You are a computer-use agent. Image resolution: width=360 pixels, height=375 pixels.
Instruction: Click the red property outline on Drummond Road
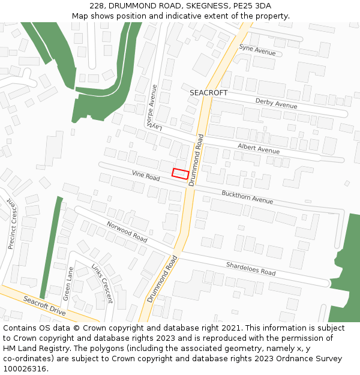point(181,174)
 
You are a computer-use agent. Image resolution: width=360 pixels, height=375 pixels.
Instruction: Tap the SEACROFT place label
point(208,93)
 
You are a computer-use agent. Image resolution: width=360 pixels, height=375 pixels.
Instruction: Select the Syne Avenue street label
point(257,50)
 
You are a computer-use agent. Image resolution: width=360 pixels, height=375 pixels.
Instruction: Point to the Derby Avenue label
point(276,104)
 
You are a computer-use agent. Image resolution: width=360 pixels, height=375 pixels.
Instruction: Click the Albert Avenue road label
point(258,149)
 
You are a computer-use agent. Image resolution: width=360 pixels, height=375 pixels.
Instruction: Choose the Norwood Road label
point(127,232)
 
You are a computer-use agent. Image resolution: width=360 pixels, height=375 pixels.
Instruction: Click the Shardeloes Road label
point(250,268)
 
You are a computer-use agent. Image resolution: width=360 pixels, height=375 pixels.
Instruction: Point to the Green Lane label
point(68,283)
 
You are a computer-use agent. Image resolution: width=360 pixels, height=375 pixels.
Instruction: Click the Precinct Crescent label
point(13,224)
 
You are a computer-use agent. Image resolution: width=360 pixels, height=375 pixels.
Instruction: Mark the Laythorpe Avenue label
point(154,108)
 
